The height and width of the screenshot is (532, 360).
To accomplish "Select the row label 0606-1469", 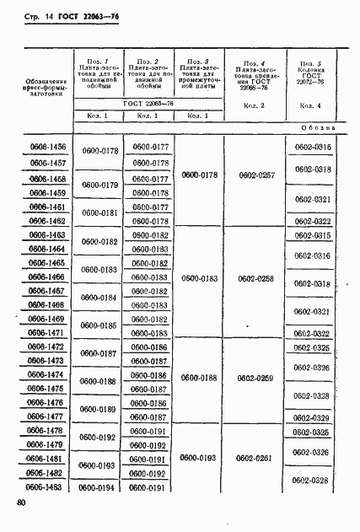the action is tap(47, 319).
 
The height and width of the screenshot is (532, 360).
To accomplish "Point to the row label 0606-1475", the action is tap(47, 389).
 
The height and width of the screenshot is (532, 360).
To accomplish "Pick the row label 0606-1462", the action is tap(47, 221).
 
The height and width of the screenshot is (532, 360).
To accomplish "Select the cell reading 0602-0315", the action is tap(313, 235).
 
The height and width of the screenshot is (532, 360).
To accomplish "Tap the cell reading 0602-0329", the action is tap(313, 417).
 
